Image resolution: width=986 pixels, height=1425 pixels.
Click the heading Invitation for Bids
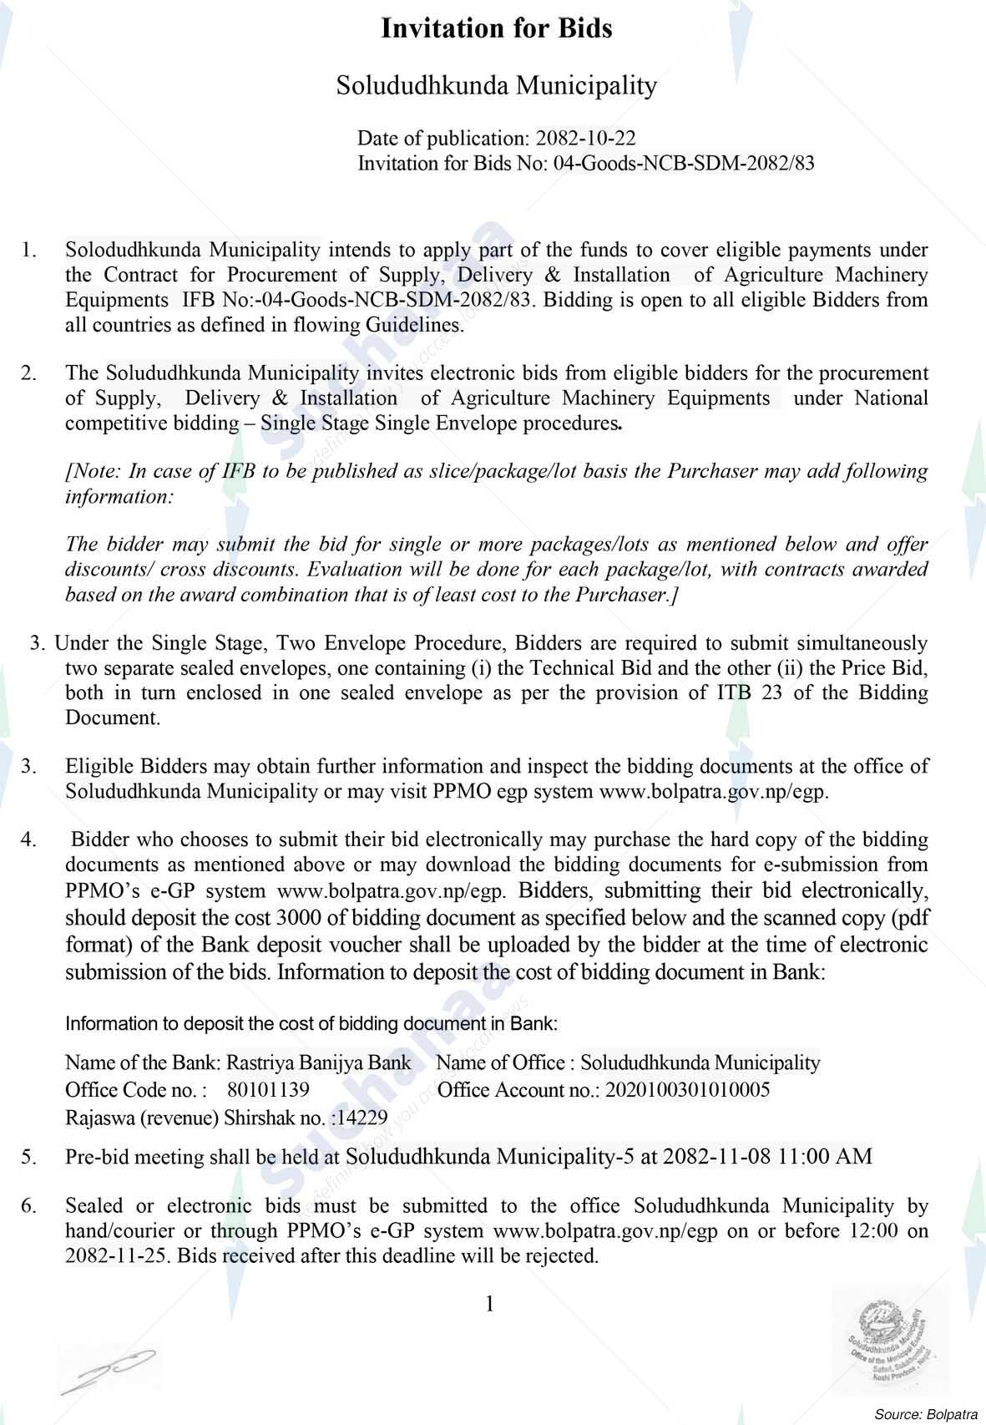pyautogui.click(x=496, y=29)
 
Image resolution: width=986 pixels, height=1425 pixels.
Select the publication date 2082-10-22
pyautogui.click(x=585, y=138)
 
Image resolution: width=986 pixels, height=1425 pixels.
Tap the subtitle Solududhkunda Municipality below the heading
pyautogui.click(x=496, y=85)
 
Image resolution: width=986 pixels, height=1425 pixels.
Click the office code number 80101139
pyautogui.click(x=268, y=1090)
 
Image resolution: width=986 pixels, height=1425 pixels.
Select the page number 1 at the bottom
pyautogui.click(x=490, y=1304)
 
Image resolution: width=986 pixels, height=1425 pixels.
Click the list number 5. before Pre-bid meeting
pyautogui.click(x=29, y=1157)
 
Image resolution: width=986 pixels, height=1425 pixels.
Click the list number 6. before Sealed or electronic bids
pyautogui.click(x=29, y=1206)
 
